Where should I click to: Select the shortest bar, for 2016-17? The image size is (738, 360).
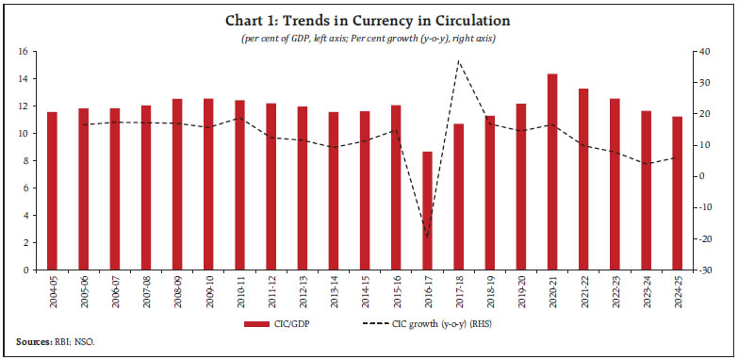pos(428,211)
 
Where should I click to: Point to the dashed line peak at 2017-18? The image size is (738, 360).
pos(459,61)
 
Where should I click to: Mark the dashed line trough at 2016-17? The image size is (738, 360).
pos(428,237)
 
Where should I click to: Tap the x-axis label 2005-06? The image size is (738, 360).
pos(84,290)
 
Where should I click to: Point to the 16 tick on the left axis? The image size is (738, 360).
pos(25,51)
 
